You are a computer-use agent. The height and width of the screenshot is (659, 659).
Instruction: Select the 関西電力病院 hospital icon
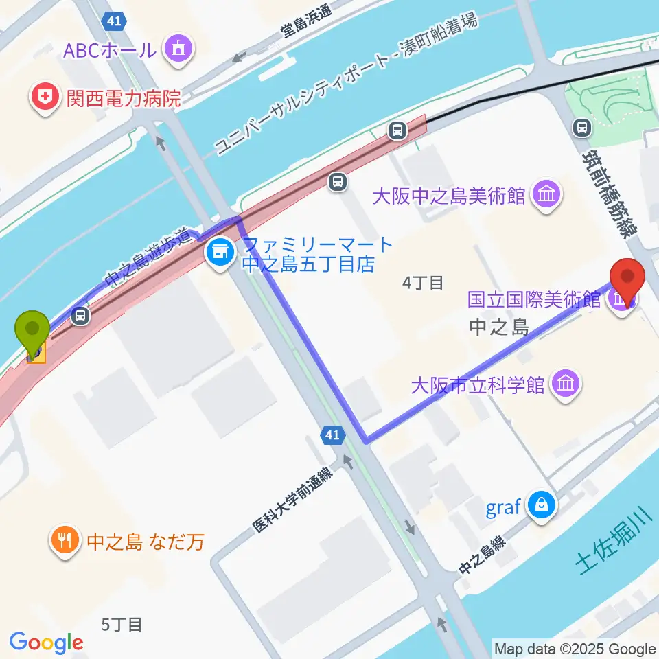coord(45,99)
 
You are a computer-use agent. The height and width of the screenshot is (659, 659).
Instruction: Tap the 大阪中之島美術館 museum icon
coord(546,196)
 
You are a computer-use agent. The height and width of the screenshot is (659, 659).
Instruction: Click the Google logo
coord(47,643)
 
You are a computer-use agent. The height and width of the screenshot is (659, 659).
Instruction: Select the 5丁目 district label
coord(122,625)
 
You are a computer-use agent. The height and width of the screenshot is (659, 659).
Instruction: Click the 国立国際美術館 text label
coord(535,299)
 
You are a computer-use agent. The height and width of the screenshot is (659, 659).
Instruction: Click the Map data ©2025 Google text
coord(575,649)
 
